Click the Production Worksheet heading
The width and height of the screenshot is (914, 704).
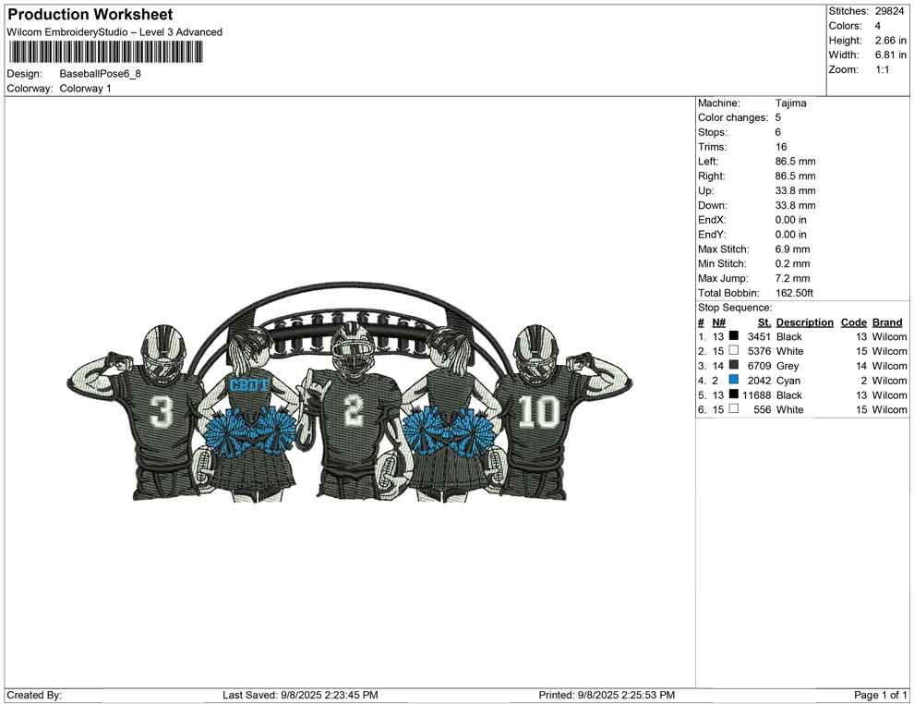pyautogui.click(x=90, y=15)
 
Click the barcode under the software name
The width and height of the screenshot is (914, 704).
pyautogui.click(x=105, y=53)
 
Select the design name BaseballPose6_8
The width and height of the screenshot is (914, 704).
pyautogui.click(x=101, y=74)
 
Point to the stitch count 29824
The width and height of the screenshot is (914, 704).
pyautogui.click(x=889, y=11)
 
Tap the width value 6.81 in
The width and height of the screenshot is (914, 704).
pyautogui.click(x=890, y=55)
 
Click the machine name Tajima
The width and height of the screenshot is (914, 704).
pyautogui.click(x=790, y=103)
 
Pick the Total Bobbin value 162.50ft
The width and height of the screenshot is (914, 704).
pyautogui.click(x=794, y=293)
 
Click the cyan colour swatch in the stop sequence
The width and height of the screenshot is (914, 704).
pyautogui.click(x=734, y=380)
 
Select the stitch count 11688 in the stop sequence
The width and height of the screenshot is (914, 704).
pyautogui.click(x=757, y=394)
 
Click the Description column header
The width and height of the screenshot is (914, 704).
pyautogui.click(x=804, y=322)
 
